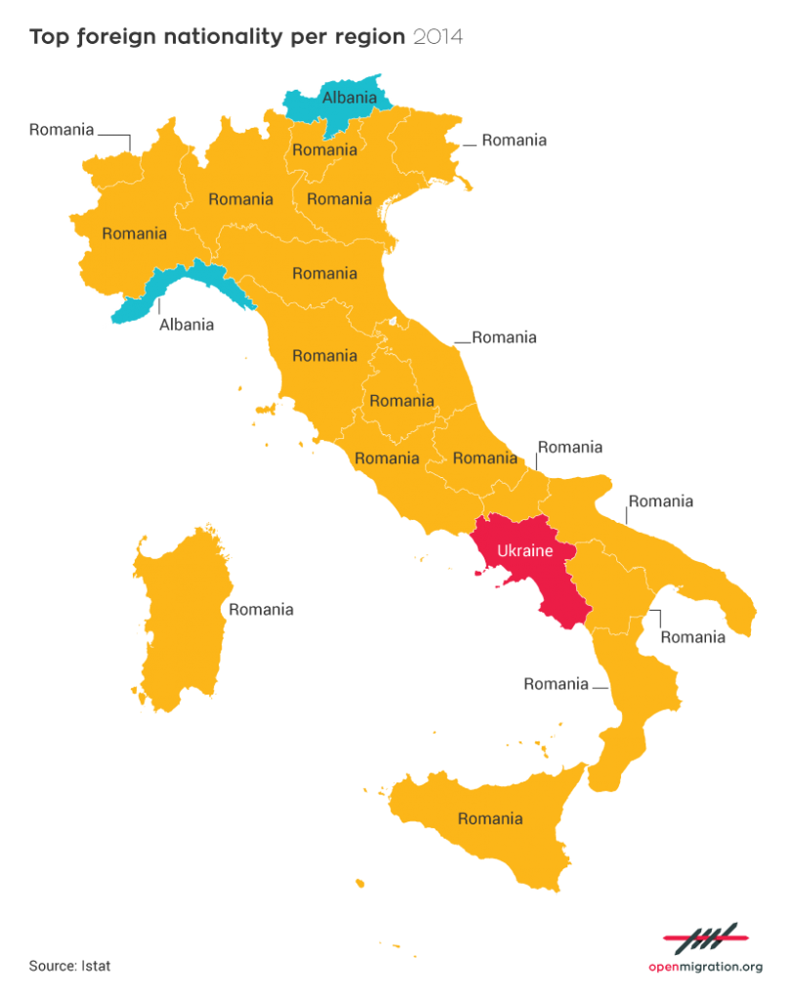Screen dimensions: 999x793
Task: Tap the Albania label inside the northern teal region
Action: pyautogui.click(x=349, y=97)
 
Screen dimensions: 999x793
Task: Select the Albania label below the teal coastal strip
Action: pyautogui.click(x=187, y=325)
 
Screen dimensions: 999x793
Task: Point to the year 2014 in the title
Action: pyautogui.click(x=438, y=38)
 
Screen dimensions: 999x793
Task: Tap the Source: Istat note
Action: pyautogui.click(x=70, y=966)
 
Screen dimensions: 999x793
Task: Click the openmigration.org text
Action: pyautogui.click(x=705, y=967)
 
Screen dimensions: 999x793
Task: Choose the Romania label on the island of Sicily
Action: pyautogui.click(x=490, y=819)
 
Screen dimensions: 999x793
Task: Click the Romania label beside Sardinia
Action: pyautogui.click(x=261, y=610)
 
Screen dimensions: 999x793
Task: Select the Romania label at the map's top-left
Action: pyautogui.click(x=62, y=129)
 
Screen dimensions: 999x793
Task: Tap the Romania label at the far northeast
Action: pyautogui.click(x=514, y=140)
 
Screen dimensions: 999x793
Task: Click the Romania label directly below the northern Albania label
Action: pyautogui.click(x=324, y=150)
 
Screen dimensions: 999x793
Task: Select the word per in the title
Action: pyautogui.click(x=307, y=38)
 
